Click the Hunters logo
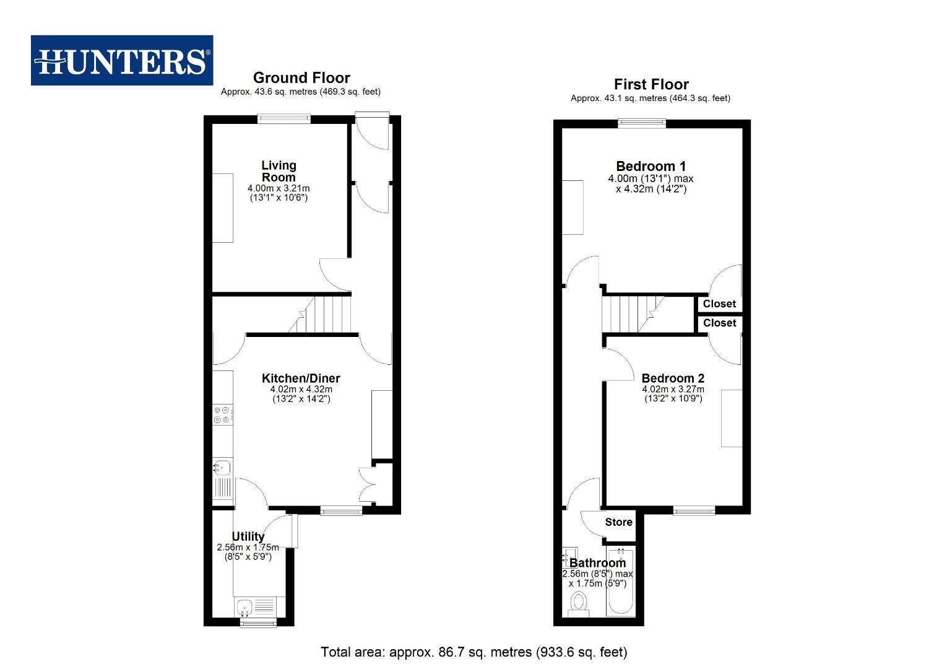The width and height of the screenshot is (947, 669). (x=122, y=61)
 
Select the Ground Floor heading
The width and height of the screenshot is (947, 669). (x=301, y=78)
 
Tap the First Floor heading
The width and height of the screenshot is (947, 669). (x=651, y=84)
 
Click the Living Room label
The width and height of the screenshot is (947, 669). (x=279, y=171)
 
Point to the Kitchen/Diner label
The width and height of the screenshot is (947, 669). (x=301, y=378)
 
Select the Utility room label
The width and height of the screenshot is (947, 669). (x=248, y=536)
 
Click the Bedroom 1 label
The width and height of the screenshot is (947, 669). (x=651, y=166)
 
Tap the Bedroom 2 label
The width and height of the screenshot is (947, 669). (x=673, y=378)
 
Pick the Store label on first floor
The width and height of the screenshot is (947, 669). (x=618, y=522)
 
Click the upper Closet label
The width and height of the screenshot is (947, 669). (x=719, y=304)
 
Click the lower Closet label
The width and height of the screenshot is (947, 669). (x=719, y=323)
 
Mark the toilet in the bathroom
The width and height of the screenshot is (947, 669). (x=579, y=603)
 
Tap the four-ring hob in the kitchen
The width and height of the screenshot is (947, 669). (x=223, y=414)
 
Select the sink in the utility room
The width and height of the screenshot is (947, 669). (x=245, y=606)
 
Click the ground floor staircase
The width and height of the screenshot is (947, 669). (x=322, y=315)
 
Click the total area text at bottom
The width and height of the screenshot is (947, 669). (x=473, y=652)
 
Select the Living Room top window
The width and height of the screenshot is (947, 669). (x=284, y=119)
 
